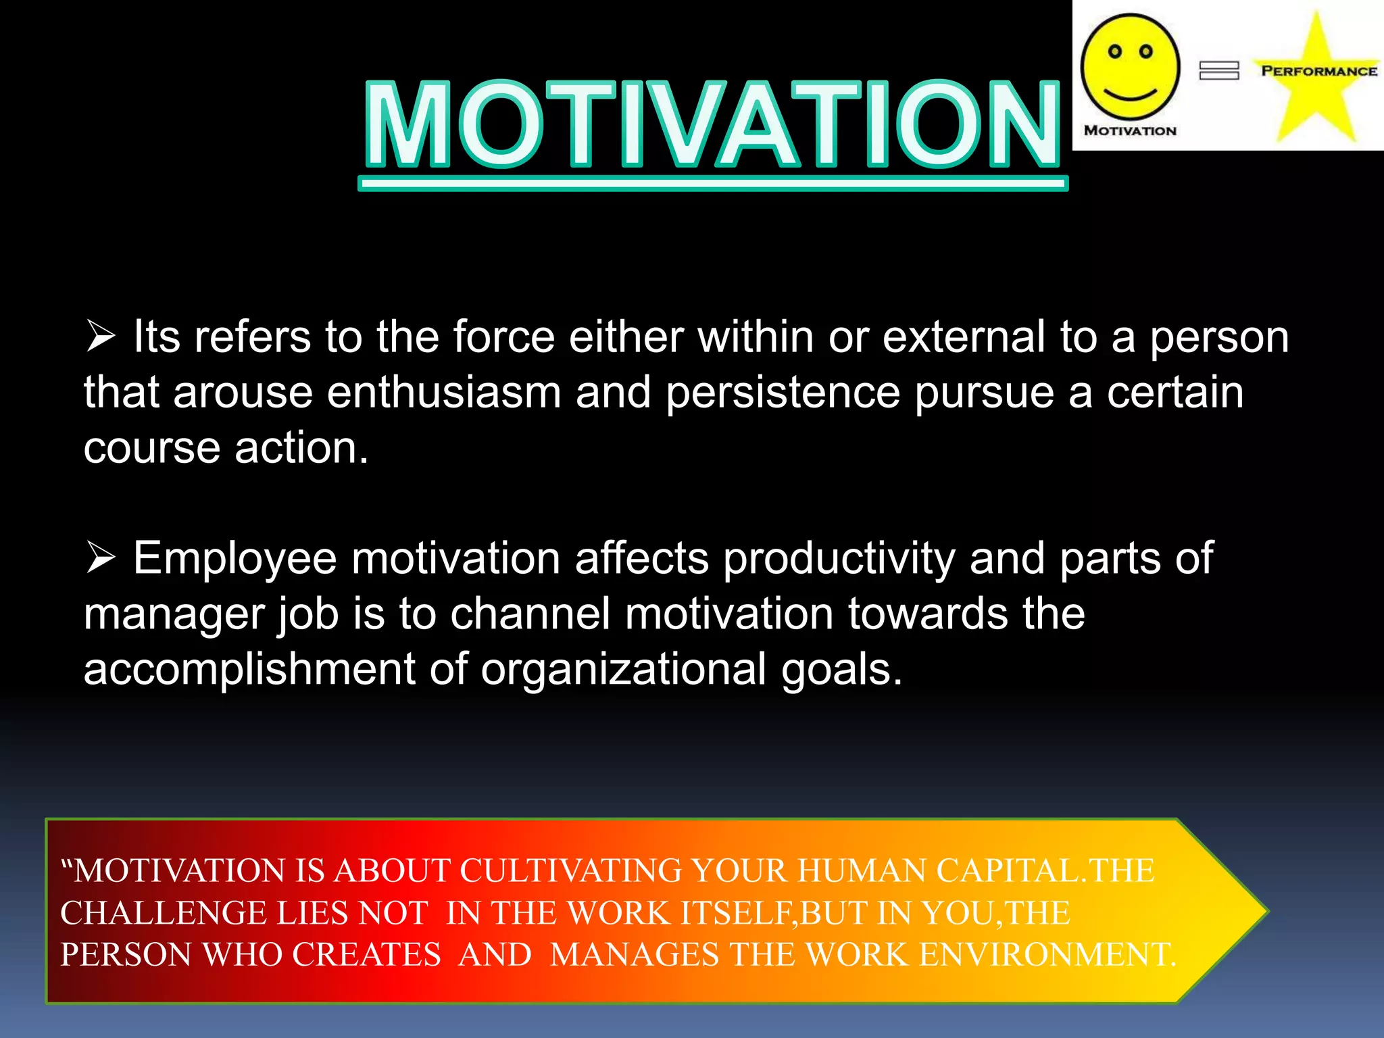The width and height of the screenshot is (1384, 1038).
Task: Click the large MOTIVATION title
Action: tap(712, 125)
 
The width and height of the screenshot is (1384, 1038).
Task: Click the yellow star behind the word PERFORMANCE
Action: tap(1316, 101)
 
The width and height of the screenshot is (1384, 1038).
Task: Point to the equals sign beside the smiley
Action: tap(1218, 70)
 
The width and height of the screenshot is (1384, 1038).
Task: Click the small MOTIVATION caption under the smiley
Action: tap(1130, 130)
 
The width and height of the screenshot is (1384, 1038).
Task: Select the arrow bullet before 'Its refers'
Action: tap(101, 337)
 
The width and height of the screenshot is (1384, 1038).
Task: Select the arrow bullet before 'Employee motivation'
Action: tap(101, 558)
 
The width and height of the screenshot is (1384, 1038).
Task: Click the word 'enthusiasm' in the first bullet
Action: tap(444, 393)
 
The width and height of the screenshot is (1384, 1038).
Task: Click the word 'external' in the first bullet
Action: tap(964, 337)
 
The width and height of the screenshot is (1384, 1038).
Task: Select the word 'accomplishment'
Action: tap(249, 670)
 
